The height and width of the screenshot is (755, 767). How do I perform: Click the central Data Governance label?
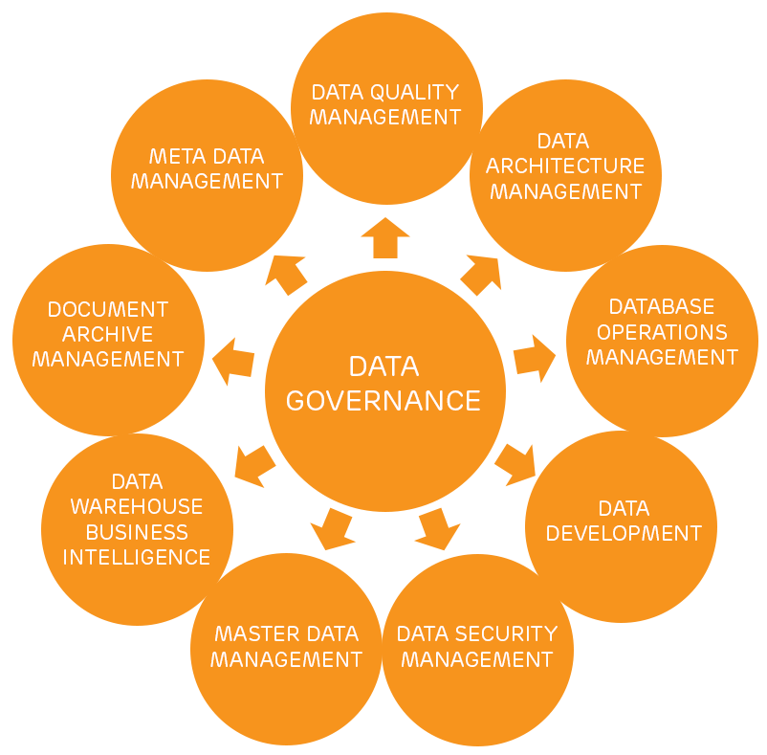[x=383, y=383]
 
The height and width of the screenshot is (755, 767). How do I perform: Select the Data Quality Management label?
[x=385, y=104]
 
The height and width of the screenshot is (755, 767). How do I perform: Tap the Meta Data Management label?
[x=207, y=168]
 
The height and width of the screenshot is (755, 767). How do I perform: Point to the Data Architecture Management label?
[x=565, y=167]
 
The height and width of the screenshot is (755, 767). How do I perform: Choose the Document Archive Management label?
[x=107, y=334]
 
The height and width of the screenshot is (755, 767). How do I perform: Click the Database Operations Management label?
[x=662, y=332]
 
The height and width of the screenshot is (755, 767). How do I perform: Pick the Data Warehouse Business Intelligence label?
[x=137, y=519]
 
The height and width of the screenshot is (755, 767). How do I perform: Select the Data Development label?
[x=624, y=521]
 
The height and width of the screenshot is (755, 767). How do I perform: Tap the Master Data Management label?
[x=286, y=647]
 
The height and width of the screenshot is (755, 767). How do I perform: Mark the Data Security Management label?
[x=476, y=647]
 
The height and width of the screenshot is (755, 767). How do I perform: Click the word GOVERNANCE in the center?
[x=383, y=400]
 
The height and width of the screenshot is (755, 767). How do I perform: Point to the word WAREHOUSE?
[x=137, y=506]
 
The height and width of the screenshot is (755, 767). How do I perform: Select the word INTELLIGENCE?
[x=137, y=557]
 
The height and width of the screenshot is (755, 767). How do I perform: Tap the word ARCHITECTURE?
[x=565, y=167]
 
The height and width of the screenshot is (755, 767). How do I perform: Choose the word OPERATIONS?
[x=662, y=332]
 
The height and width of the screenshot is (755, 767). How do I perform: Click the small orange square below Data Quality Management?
[x=385, y=237]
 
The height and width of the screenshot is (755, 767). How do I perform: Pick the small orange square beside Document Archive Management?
[x=233, y=362]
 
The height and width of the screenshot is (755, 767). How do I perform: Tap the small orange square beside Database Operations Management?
[x=535, y=359]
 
